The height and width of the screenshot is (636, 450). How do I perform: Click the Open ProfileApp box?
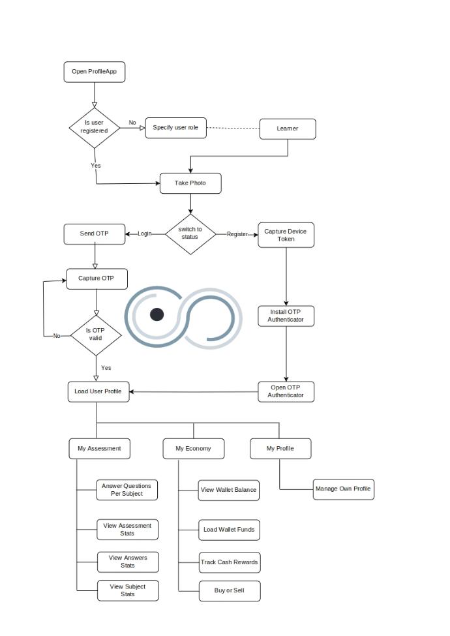tap(95, 72)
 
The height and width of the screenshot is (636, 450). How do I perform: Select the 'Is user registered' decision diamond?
tap(95, 127)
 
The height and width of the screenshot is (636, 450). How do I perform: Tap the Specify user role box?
tap(175, 128)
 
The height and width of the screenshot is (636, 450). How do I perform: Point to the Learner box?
tap(288, 129)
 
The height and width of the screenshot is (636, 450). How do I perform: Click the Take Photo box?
tap(190, 183)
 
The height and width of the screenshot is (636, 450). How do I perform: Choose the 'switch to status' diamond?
tap(190, 234)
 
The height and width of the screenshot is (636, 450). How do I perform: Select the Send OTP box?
tap(95, 234)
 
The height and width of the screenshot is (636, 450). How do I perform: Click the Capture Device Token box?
tap(286, 235)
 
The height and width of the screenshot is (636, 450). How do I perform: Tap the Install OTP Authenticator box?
tap(286, 316)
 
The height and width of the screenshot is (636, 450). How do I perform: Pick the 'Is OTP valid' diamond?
tap(96, 334)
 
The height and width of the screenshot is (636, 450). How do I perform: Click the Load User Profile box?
tap(98, 391)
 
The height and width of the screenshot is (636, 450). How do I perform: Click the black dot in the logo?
tap(157, 314)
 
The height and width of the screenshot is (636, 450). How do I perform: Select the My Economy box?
tap(194, 449)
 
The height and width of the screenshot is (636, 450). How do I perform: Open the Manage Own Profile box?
tap(343, 489)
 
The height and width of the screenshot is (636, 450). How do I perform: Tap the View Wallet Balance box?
tap(228, 490)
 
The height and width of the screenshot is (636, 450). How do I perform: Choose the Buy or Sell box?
tap(229, 591)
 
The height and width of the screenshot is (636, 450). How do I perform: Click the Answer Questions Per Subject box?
tap(126, 490)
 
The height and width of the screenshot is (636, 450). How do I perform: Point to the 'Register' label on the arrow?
tap(237, 234)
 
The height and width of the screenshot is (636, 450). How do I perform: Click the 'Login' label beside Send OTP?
tap(145, 234)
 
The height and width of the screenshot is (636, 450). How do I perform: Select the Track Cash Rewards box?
tap(229, 562)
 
